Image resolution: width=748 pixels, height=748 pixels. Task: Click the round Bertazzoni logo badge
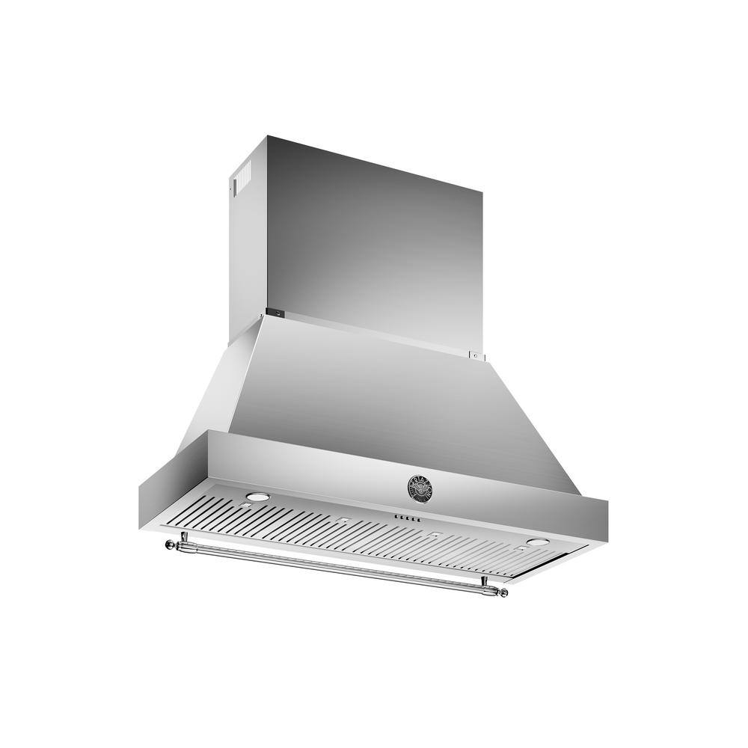coord(420,487)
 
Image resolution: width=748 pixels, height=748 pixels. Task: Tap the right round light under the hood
coord(536,542)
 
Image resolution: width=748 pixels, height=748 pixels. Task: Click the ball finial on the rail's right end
coord(503,593)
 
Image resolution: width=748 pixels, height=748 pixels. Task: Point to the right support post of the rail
coord(485,581)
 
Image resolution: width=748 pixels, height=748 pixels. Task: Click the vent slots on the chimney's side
coord(241,180)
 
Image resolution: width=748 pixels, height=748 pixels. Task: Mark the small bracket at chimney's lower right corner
coord(473,355)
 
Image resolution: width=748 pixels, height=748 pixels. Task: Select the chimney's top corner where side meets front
coord(267,137)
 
